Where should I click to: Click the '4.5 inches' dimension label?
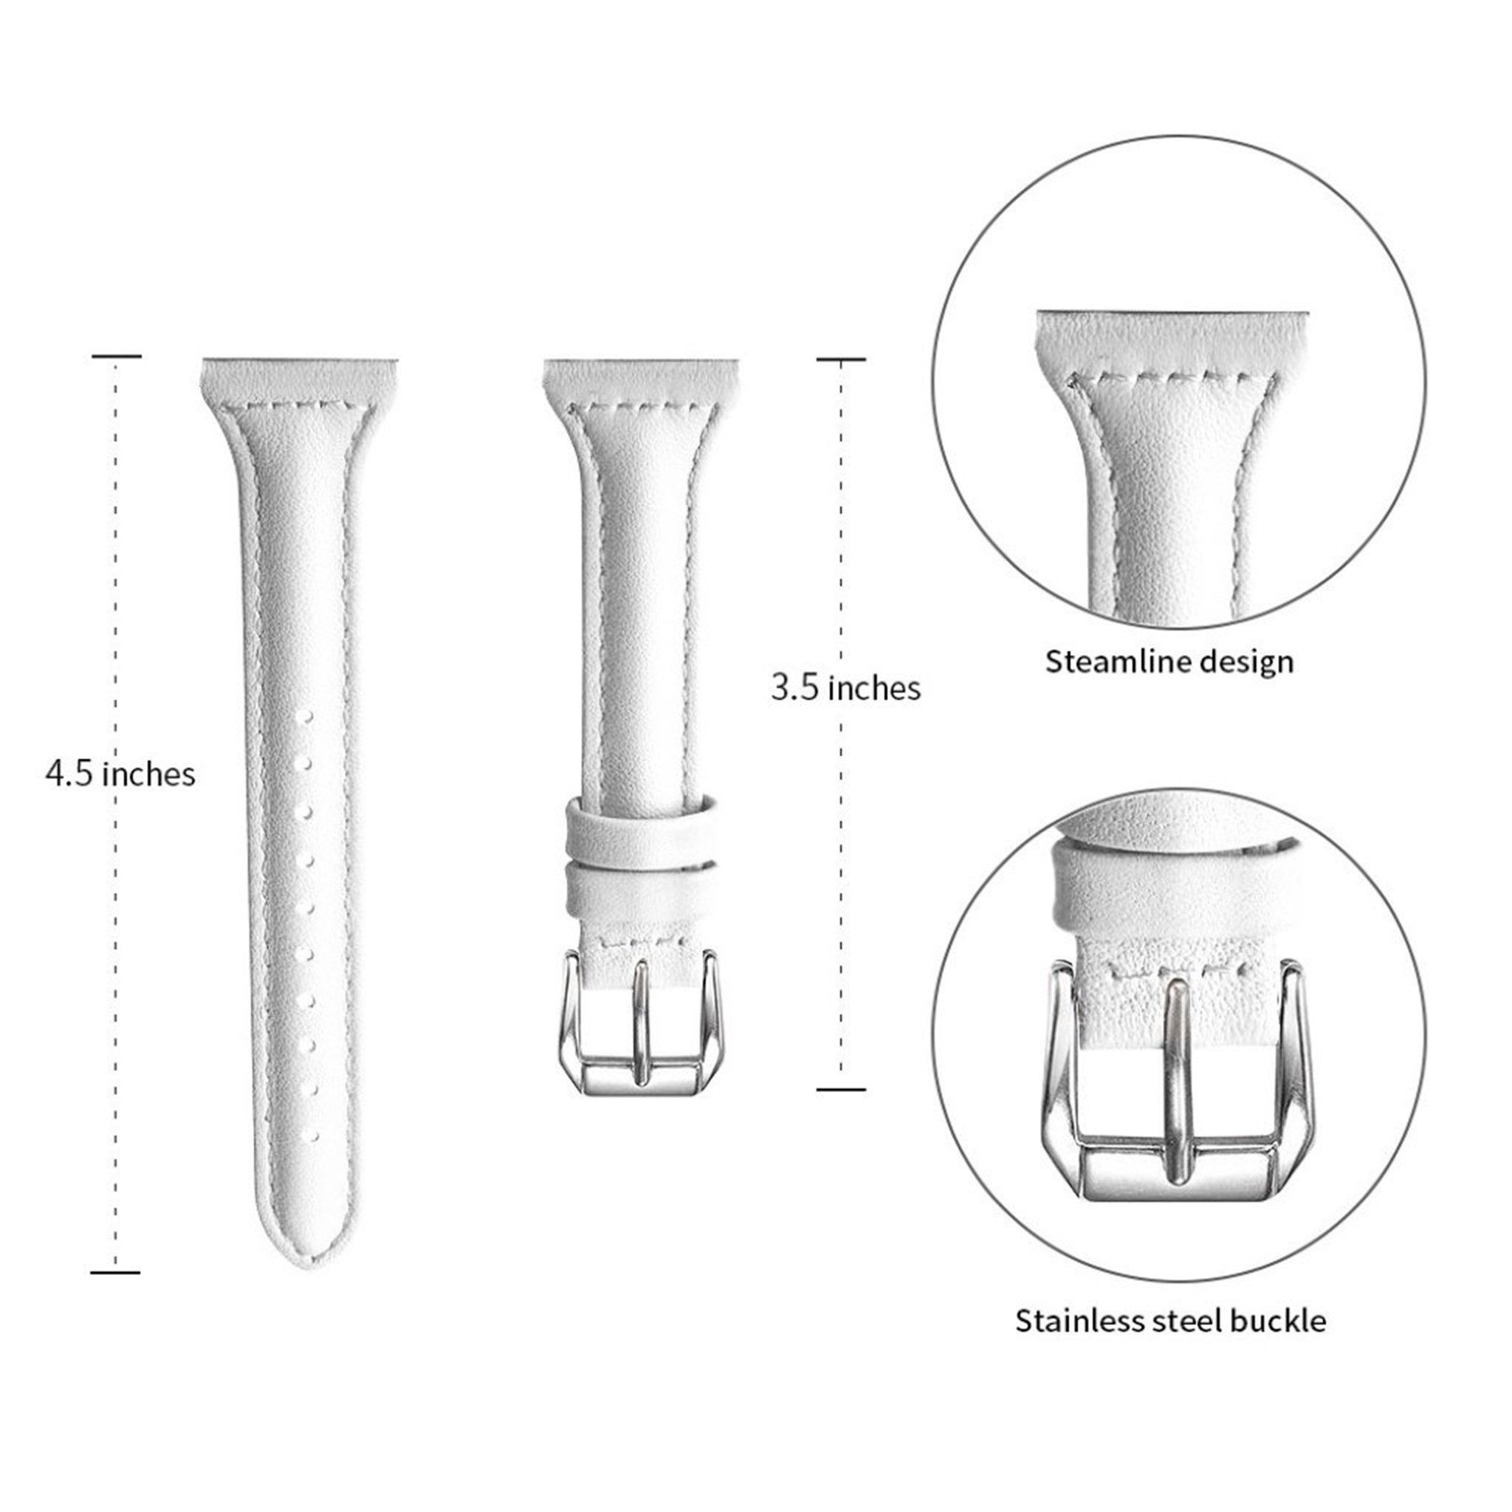120,774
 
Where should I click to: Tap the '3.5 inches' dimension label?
845,688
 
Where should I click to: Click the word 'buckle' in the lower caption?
1278,1321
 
